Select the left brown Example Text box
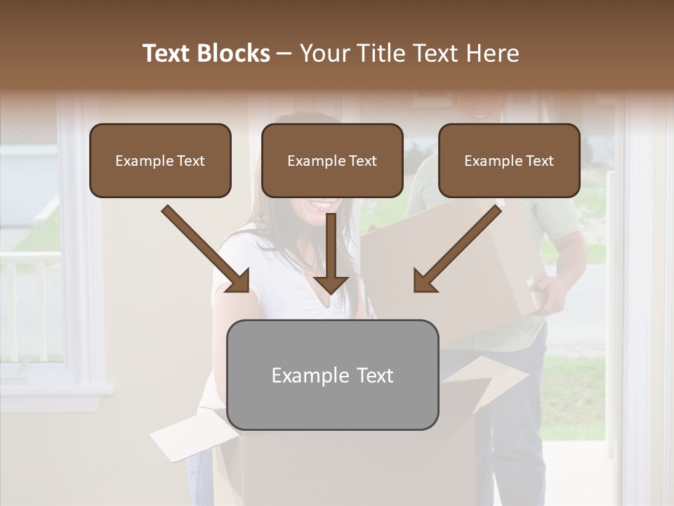[160, 161]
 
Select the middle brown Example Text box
[332, 161]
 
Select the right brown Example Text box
[509, 161]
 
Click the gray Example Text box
[332, 375]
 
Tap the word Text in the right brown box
[539, 161]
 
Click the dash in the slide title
[284, 53]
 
